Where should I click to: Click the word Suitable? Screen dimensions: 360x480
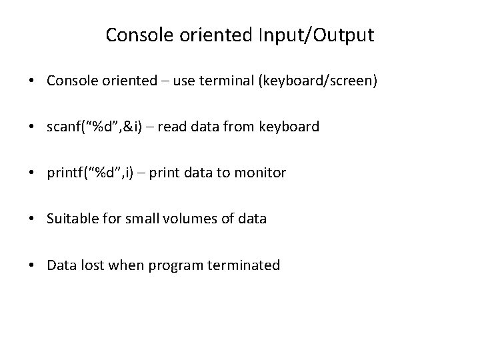pos(70,219)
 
